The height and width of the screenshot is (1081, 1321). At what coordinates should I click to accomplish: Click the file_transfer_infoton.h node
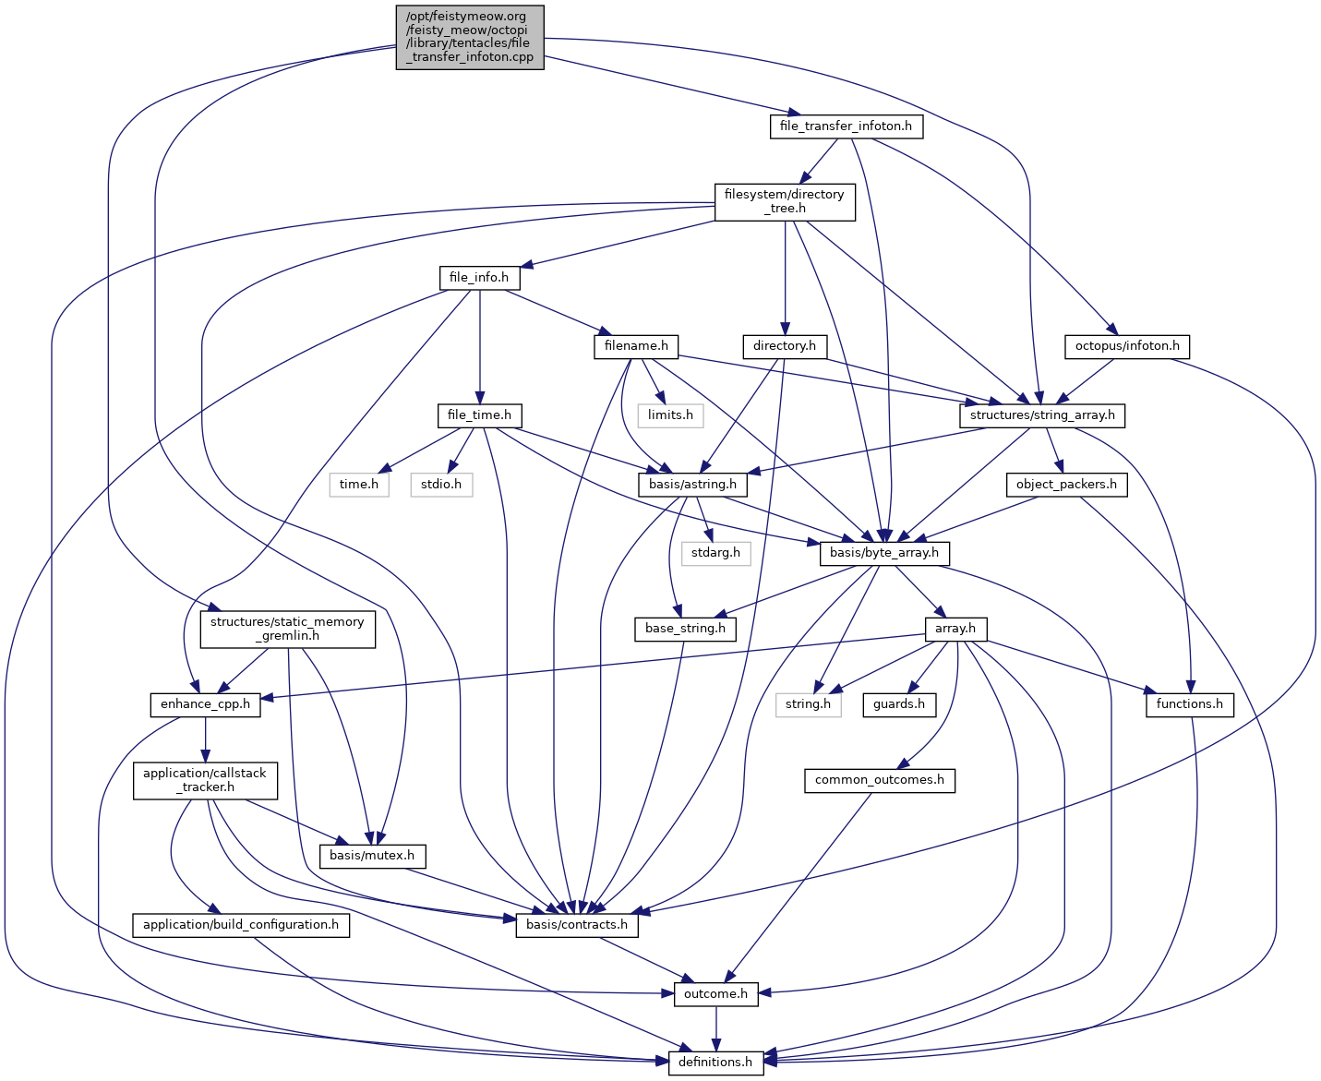click(x=846, y=126)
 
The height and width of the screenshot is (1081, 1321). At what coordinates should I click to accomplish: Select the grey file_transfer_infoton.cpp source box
click(x=470, y=37)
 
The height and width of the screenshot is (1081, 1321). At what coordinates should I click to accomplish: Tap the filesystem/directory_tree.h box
click(x=785, y=201)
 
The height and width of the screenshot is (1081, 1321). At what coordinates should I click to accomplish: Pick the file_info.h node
click(x=479, y=277)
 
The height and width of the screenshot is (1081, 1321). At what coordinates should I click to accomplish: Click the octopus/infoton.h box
click(x=1127, y=346)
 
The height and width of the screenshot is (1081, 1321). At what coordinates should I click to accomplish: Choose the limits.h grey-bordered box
click(x=670, y=414)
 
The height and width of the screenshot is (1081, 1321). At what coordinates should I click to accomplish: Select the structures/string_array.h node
click(x=1042, y=414)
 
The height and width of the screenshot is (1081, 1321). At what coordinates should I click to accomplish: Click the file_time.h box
click(x=479, y=414)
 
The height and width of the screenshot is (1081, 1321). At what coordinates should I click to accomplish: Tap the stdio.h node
click(x=441, y=484)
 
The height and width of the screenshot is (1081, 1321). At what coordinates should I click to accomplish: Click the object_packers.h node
click(x=1066, y=484)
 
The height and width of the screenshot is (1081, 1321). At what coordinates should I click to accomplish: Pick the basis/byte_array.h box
click(x=884, y=553)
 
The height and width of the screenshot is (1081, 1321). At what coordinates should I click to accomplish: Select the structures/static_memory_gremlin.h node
click(x=288, y=629)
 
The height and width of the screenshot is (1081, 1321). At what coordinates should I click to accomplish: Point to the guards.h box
click(x=899, y=704)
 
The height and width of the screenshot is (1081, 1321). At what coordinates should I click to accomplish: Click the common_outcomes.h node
click(x=880, y=780)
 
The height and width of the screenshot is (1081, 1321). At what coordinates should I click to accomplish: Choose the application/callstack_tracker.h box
click(x=205, y=780)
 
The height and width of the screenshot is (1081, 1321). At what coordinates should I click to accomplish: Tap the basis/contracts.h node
click(x=577, y=924)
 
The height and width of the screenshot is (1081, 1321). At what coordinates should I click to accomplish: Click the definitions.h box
click(x=715, y=1062)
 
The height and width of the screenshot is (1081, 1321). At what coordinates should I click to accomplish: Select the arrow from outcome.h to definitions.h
click(x=715, y=1027)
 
